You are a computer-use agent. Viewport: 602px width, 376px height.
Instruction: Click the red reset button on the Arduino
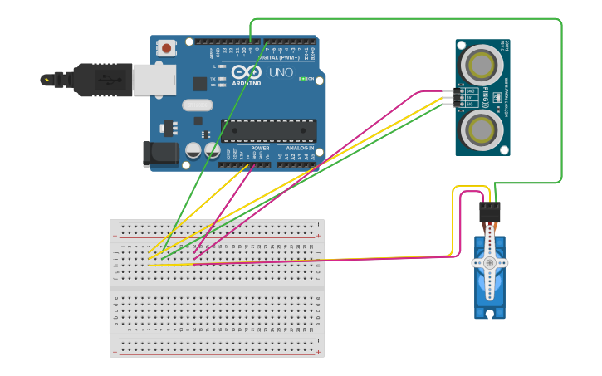coord(167,48)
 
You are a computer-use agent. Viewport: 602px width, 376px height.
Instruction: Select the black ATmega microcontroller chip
coord(268,130)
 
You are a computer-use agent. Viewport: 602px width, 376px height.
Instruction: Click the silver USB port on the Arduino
coord(154,80)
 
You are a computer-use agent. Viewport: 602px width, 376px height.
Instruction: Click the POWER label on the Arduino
coord(260,148)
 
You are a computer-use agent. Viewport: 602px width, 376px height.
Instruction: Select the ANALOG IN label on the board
coord(299,148)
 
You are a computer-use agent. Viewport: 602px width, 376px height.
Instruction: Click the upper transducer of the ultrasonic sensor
coord(482,63)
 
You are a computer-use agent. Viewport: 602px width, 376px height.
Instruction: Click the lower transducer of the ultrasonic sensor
coord(482,129)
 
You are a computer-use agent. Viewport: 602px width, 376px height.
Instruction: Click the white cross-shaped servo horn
coord(490,262)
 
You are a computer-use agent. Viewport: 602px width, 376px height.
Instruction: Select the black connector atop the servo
coord(490,212)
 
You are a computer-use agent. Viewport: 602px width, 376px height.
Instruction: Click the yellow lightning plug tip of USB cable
coord(46,80)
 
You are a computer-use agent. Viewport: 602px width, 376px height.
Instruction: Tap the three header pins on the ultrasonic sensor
coord(449,97)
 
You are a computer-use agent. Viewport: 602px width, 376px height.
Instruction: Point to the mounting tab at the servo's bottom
coord(490,314)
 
